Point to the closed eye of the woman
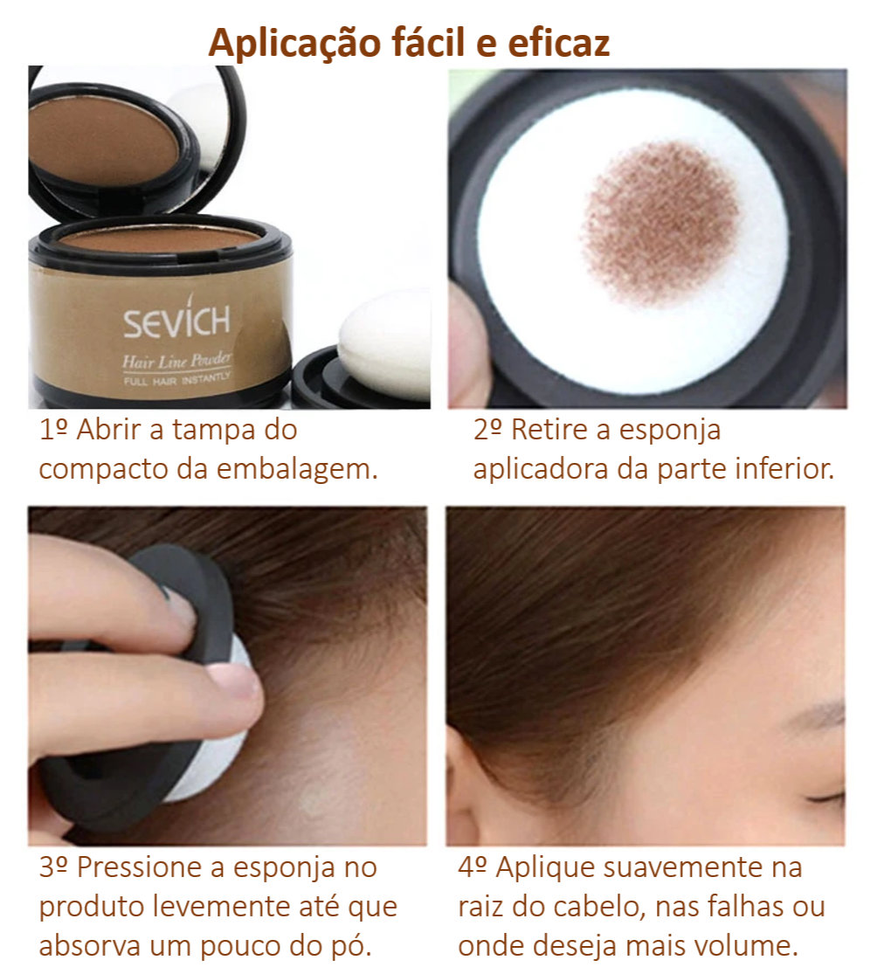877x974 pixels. (825, 797)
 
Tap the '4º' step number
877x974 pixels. (473, 867)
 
